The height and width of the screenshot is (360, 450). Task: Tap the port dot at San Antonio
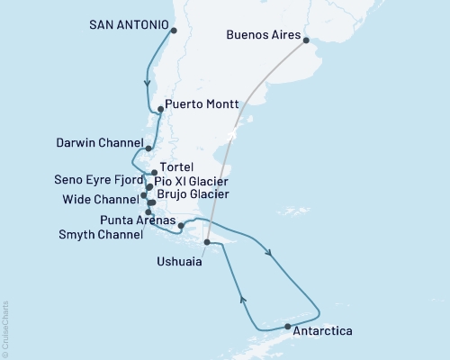pyautogui.click(x=173, y=31)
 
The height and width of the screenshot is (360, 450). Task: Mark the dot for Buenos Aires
pyautogui.click(x=306, y=40)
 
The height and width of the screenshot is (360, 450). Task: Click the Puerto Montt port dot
pyautogui.click(x=160, y=110)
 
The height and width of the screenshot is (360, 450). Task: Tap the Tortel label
pyautogui.click(x=177, y=167)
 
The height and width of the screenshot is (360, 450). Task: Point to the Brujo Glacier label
pyautogui.click(x=193, y=193)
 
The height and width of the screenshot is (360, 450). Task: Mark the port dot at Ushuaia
pyautogui.click(x=207, y=242)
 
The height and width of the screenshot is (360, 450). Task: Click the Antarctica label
pyautogui.click(x=323, y=331)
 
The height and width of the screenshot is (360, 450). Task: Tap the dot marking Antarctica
pyautogui.click(x=287, y=326)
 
